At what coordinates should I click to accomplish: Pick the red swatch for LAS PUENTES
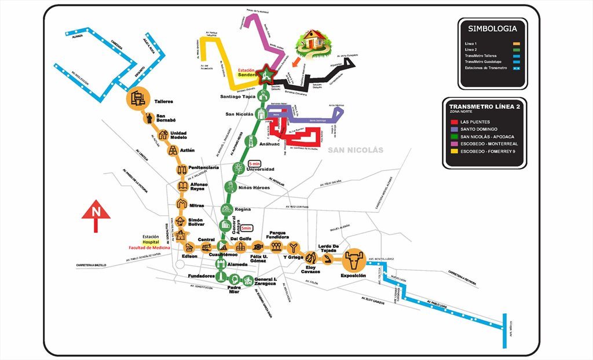(x=453, y=122)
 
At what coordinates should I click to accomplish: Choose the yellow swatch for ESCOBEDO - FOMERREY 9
(x=453, y=152)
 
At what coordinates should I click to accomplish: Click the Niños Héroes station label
(x=254, y=187)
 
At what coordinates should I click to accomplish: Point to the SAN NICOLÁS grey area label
(x=356, y=150)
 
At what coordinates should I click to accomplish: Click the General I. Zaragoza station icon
(x=247, y=280)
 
